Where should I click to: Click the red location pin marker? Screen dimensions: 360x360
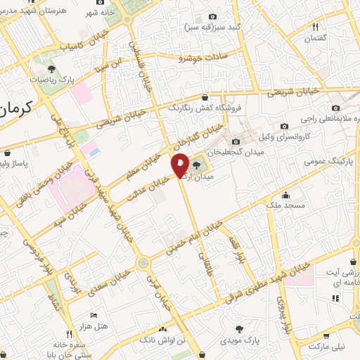coord(180,165)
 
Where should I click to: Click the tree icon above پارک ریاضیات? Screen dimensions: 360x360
coord(51,68)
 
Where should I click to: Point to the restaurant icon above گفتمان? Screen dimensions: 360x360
coord(316,27)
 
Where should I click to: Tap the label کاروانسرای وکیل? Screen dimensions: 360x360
coord(284,136)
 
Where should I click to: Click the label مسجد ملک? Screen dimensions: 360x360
coord(284,205)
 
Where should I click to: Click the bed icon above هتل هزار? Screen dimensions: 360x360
coord(92,315)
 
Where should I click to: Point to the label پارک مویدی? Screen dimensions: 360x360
coord(240,340)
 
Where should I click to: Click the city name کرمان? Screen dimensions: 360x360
coord(16,110)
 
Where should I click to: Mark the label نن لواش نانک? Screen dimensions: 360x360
coord(164,340)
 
